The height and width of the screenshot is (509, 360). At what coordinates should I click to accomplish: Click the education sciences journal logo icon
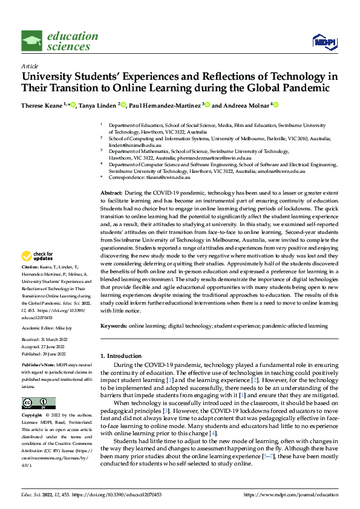click(x=32, y=41)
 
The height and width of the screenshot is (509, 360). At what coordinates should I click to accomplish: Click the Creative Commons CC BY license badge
click(x=38, y=403)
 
